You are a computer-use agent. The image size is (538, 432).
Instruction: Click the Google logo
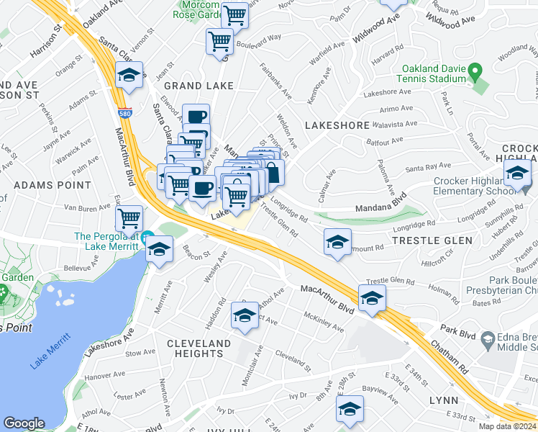pyautogui.click(x=24, y=423)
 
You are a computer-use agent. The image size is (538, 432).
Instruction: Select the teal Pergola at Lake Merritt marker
pyautogui.click(x=147, y=236)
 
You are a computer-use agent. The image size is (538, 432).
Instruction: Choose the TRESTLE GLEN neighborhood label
pyautogui.click(x=432, y=240)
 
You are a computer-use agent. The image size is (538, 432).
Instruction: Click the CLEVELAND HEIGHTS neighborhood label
pyautogui.click(x=199, y=348)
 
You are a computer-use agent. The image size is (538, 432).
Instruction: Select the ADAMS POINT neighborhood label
pyautogui.click(x=44, y=185)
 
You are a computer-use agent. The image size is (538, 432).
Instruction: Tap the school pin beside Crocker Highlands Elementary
pyautogui.click(x=516, y=174)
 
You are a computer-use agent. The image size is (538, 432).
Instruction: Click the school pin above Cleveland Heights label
pyautogui.click(x=245, y=315)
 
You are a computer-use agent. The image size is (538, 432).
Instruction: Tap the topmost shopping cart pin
pyautogui.click(x=234, y=14)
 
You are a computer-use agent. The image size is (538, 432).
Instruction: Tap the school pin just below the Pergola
pyautogui.click(x=159, y=250)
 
